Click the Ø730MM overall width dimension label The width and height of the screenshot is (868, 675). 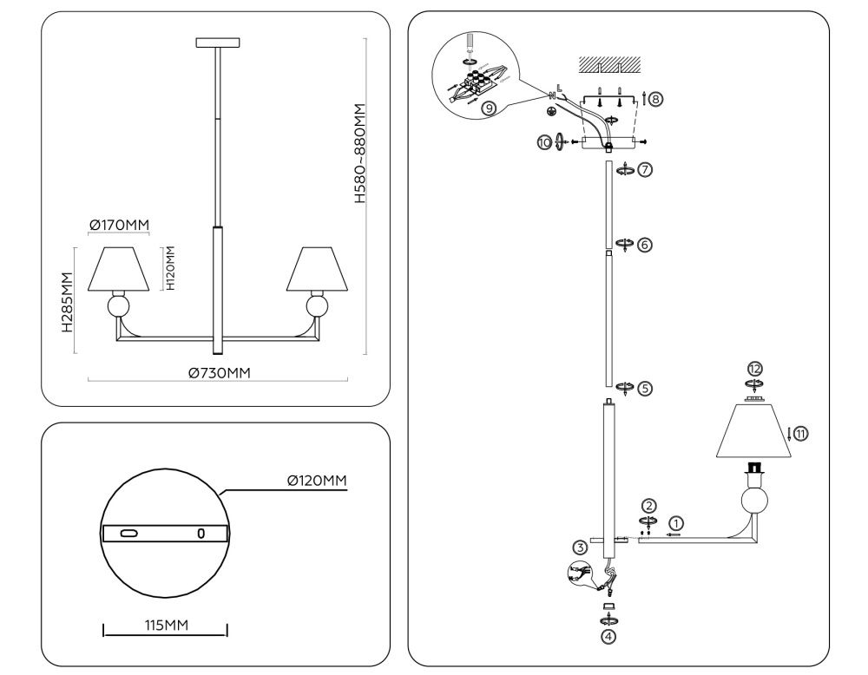click(220, 373)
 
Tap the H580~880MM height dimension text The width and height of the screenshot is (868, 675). click(360, 154)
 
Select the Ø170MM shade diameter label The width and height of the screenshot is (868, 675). click(119, 226)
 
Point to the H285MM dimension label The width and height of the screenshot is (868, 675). click(67, 301)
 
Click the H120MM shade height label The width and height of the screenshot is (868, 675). click(171, 267)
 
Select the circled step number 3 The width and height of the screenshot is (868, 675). click(580, 547)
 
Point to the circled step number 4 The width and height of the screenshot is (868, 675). click(609, 636)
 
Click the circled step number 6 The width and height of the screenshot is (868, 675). click(644, 245)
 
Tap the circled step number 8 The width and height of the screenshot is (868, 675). click(655, 99)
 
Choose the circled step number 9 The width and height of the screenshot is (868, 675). click(489, 108)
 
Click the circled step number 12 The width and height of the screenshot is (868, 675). click(755, 369)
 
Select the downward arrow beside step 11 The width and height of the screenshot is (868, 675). click(788, 434)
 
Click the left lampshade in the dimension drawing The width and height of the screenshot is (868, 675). click(120, 269)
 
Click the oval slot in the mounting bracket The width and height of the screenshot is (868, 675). click(130, 533)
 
